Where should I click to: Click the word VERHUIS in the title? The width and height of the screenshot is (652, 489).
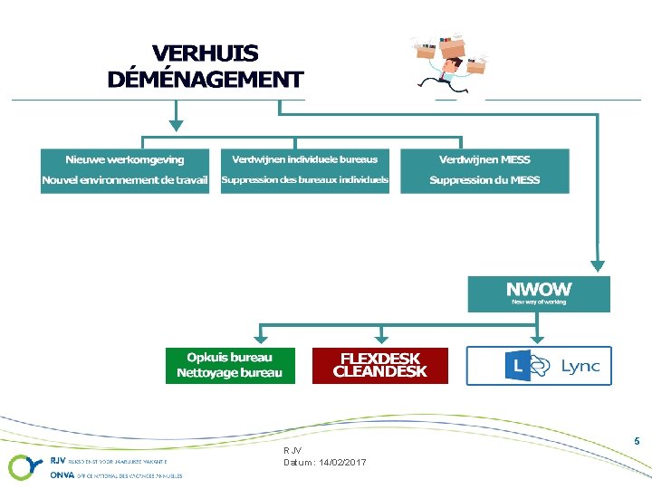(205, 54)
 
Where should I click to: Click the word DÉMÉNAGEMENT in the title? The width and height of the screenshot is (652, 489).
(205, 79)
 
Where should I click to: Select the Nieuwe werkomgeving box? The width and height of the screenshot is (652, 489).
(125, 170)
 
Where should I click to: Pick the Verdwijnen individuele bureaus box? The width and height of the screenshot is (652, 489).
(305, 170)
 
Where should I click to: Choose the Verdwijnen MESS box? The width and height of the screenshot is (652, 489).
(484, 170)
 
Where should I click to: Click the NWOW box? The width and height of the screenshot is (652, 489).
(539, 293)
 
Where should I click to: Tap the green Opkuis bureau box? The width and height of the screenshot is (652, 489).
(230, 365)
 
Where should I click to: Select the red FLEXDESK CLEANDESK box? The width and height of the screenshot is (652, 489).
(380, 365)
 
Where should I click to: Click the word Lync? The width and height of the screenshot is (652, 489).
(580, 366)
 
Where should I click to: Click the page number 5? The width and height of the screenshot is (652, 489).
(638, 441)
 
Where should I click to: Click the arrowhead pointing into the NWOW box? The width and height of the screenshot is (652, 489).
(597, 264)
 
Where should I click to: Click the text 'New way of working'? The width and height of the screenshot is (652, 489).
(539, 302)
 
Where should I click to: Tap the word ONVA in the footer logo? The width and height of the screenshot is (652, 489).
(62, 475)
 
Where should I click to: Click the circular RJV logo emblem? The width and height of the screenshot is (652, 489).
(22, 466)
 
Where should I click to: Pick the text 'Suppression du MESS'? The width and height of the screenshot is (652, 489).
(484, 180)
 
